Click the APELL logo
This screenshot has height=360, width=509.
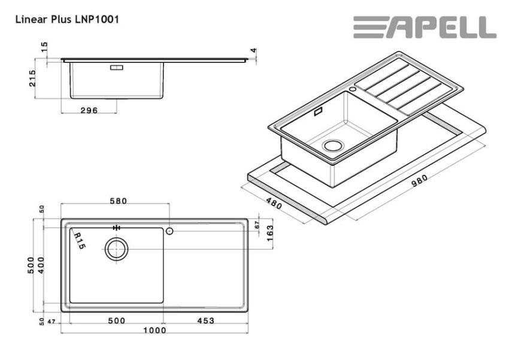tap(424, 28)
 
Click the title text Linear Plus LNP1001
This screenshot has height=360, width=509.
tap(67, 20)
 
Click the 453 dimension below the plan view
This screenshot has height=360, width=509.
tap(205, 320)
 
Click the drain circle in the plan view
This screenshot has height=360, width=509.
tap(117, 248)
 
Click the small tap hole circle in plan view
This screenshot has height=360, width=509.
tap(170, 231)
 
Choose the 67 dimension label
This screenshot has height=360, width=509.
tap(256, 225)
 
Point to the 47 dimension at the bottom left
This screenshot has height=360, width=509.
tap(52, 321)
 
